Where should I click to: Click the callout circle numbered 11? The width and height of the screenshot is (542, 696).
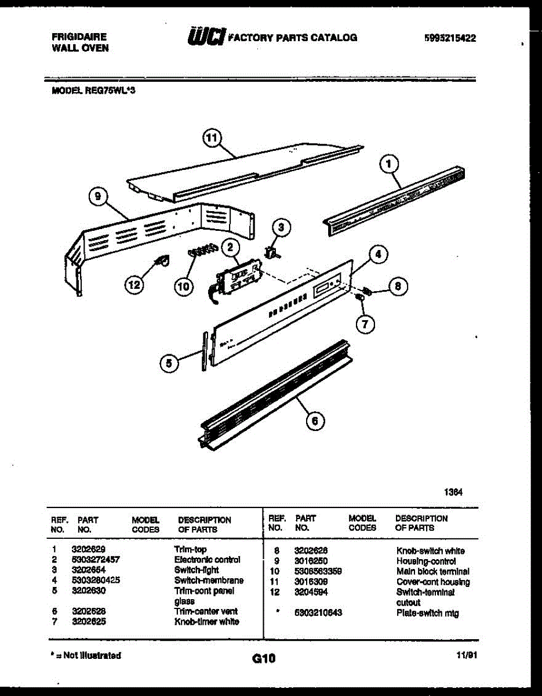click(212, 138)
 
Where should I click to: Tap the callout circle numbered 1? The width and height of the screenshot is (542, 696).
click(388, 165)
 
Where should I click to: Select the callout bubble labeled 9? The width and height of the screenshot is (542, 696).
click(98, 198)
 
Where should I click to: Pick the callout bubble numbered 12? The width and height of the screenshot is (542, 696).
click(134, 285)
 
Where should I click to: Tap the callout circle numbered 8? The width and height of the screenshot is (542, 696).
click(397, 286)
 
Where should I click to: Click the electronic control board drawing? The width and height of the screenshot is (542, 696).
click(238, 274)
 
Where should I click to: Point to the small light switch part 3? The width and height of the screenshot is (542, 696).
click(271, 252)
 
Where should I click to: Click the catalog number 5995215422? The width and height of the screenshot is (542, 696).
click(450, 38)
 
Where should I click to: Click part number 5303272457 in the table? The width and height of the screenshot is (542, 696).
click(96, 560)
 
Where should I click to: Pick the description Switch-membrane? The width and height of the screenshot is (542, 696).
click(209, 580)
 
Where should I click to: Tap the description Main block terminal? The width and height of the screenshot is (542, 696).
click(433, 571)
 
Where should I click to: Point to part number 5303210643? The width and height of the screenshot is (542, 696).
click(318, 613)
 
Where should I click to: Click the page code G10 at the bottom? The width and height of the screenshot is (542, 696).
click(264, 658)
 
